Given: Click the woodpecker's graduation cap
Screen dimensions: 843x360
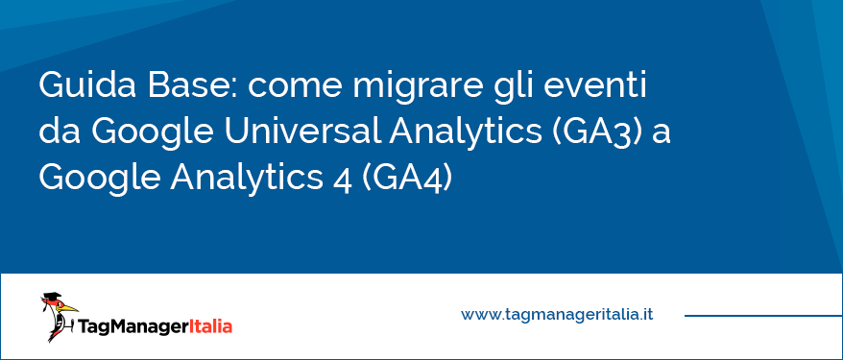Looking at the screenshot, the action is coord(52,298).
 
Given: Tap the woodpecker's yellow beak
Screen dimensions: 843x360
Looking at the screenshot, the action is coord(69,308).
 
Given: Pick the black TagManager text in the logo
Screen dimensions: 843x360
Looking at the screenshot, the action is coord(133,326).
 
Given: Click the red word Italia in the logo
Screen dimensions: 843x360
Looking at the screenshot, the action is coord(211,325).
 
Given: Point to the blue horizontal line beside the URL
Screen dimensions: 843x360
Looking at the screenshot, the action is coord(763,316).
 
